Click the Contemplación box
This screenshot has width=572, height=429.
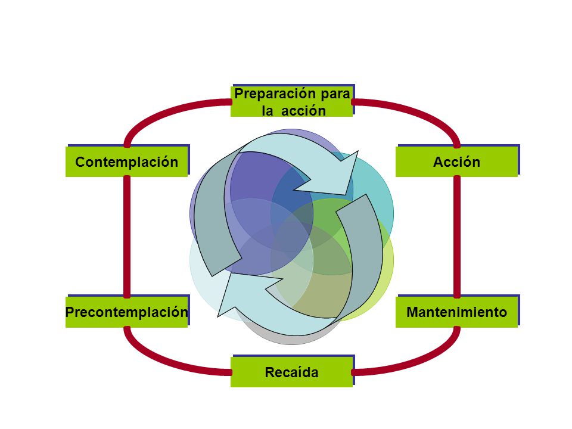126,161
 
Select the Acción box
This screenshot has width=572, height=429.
457,161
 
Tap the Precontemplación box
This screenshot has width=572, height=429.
126,312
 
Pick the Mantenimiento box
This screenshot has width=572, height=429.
457,312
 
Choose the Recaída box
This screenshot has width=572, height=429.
291,372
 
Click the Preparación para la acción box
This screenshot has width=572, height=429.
291,101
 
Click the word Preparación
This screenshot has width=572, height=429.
275,94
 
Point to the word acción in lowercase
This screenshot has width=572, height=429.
303,111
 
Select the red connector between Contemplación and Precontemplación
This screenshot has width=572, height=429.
126,237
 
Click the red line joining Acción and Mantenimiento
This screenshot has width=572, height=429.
457,237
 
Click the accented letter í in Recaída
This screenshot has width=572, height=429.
300,372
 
